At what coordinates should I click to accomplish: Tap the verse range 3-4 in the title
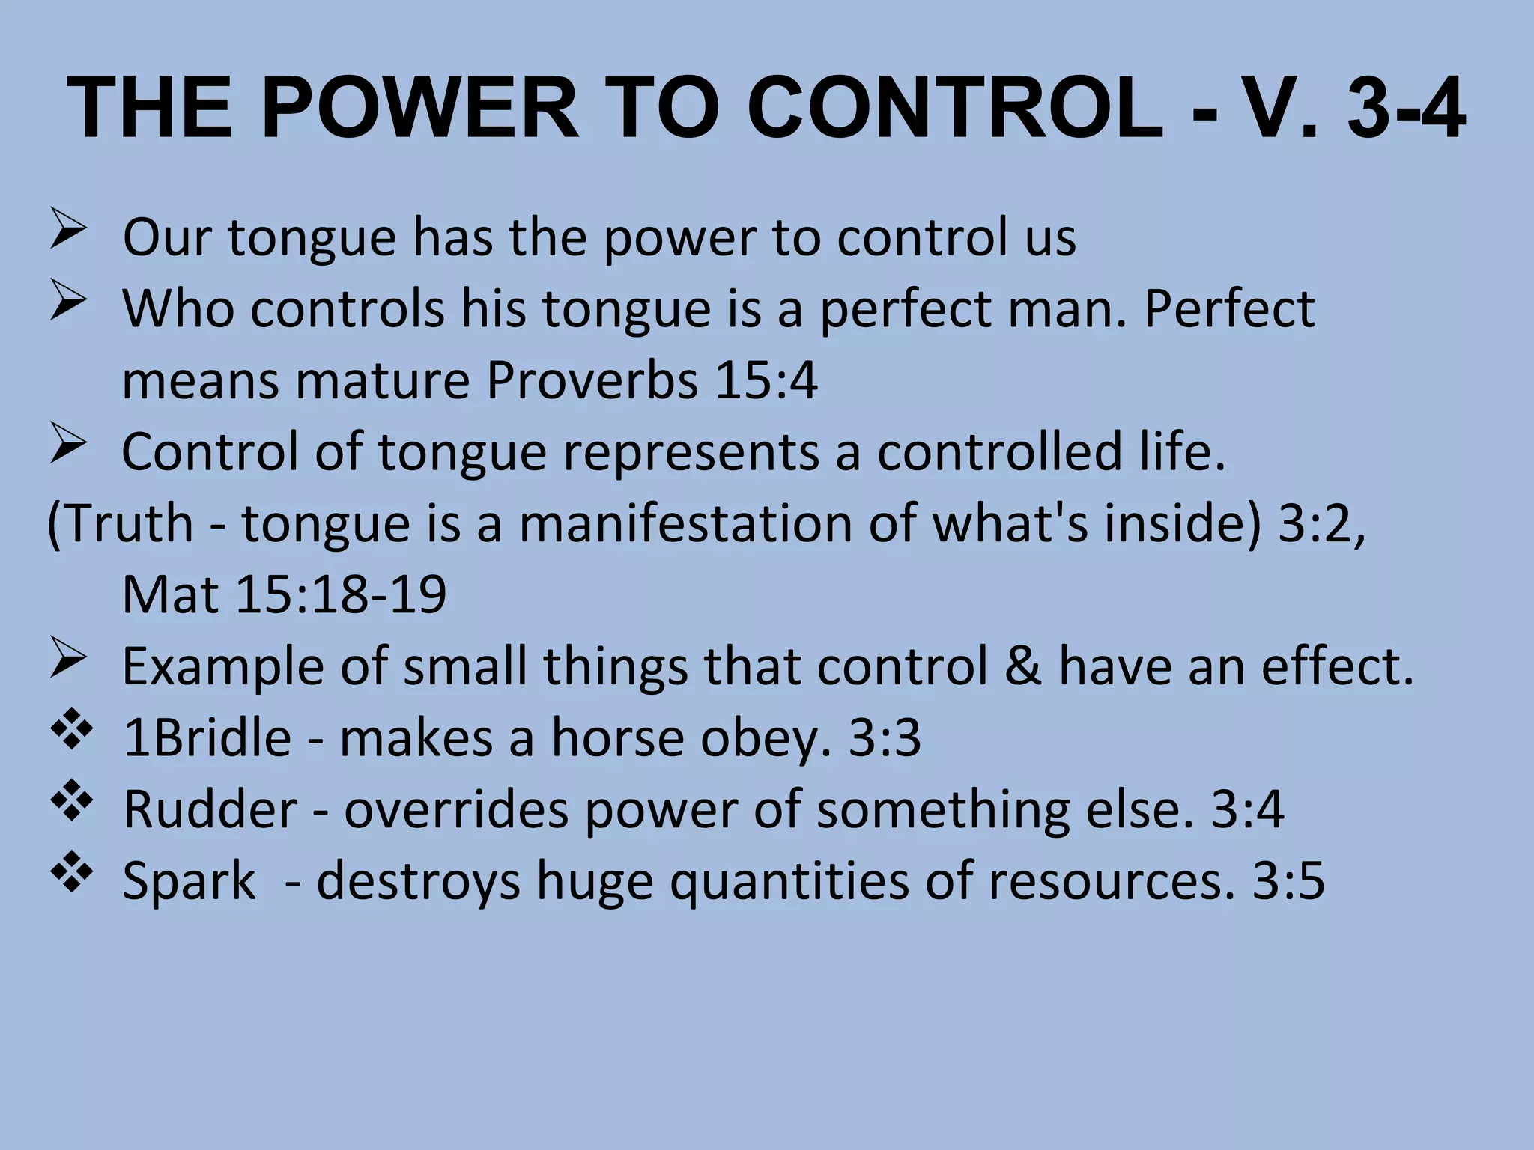pos(1405,109)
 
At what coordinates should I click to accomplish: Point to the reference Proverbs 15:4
pos(652,381)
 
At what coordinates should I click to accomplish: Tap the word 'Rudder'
pos(210,809)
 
